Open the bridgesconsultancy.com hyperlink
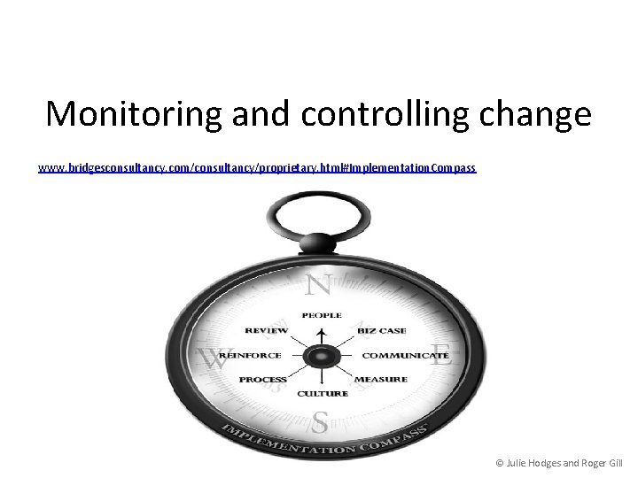click(x=257, y=167)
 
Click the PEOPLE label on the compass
click(x=321, y=315)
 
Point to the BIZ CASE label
click(x=382, y=331)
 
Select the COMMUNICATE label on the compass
click(x=405, y=356)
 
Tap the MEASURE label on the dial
click(x=381, y=380)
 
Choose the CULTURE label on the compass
click(x=322, y=394)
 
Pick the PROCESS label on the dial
click(x=262, y=380)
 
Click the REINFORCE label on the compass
click(x=250, y=356)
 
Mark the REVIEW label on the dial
click(x=266, y=331)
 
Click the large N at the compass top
click(x=318, y=285)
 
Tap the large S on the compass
click(x=320, y=422)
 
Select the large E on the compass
click(x=441, y=356)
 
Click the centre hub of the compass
click(x=320, y=356)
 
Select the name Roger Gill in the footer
click(x=603, y=463)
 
